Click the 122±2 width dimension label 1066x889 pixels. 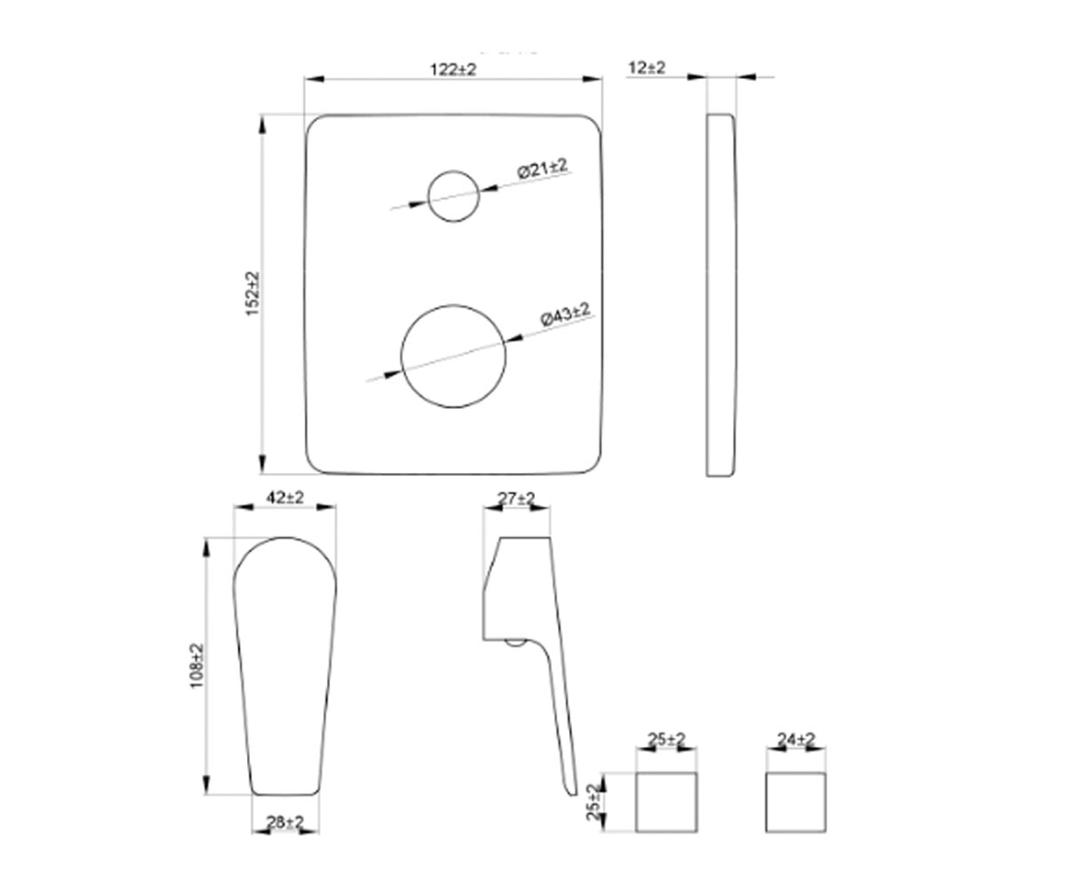[x=453, y=69]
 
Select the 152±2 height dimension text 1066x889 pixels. [x=252, y=293]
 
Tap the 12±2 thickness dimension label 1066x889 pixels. [x=647, y=67]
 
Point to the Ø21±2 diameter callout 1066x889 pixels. [x=543, y=168]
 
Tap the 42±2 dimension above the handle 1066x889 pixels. [x=285, y=497]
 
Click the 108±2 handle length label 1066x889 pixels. [x=196, y=665]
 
